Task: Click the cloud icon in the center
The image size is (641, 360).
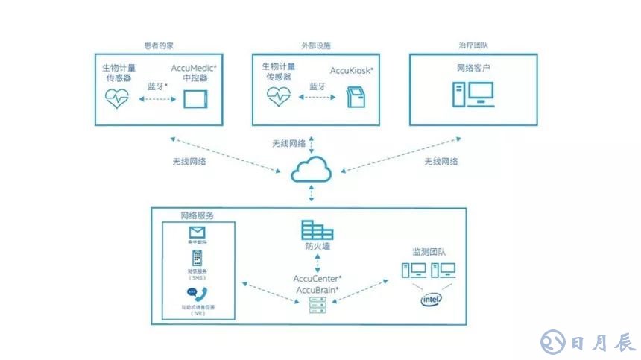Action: click(312, 170)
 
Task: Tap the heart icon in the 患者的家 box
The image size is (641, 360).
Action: click(117, 98)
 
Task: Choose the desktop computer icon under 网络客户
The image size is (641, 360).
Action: click(473, 93)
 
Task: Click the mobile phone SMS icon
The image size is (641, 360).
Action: click(197, 259)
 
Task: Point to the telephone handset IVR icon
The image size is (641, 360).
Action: click(197, 293)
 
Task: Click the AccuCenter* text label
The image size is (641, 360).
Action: click(318, 278)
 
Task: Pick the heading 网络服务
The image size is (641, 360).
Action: click(198, 215)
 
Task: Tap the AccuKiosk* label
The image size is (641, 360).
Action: click(352, 71)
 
